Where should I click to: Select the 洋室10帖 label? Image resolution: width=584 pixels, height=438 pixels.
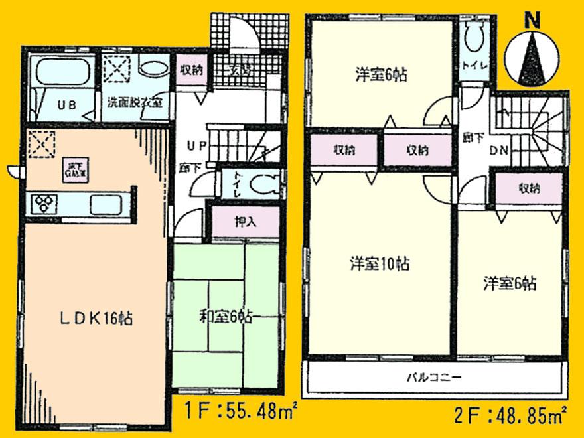[x=380, y=264]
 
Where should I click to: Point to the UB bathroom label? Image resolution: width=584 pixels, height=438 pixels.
[x=64, y=104]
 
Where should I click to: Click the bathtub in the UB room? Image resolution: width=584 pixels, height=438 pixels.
[x=64, y=71]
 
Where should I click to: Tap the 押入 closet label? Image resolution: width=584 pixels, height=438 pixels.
[x=245, y=222]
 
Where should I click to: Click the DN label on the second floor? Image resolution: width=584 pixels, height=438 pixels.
[x=499, y=151]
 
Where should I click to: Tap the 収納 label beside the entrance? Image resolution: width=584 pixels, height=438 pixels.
[x=193, y=68]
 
